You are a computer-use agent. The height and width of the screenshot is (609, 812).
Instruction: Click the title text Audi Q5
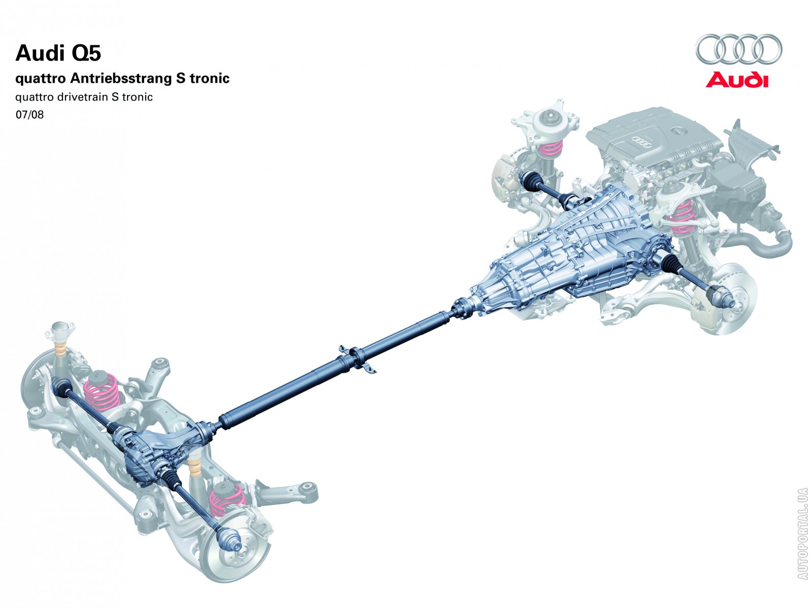(x=58, y=53)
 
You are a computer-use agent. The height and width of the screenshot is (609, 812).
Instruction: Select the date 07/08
(x=29, y=115)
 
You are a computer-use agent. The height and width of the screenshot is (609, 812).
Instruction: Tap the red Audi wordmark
(x=737, y=80)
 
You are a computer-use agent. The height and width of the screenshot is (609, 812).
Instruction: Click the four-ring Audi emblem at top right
(x=738, y=49)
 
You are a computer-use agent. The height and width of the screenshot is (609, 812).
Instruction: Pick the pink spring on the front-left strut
(x=551, y=147)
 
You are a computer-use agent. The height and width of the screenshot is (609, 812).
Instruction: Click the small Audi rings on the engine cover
(x=640, y=141)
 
